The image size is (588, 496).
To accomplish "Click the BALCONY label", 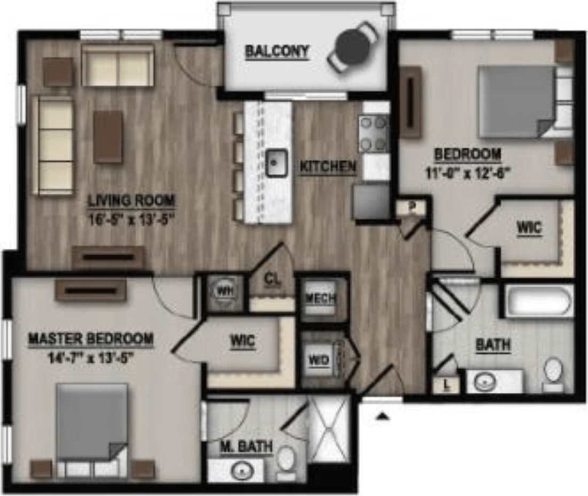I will (x=276, y=52).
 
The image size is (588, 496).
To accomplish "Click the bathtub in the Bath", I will (x=539, y=302).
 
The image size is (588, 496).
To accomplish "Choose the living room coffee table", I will (x=107, y=136).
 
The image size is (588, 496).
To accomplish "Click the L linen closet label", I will (x=447, y=384).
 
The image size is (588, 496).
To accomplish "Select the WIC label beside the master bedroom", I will (x=242, y=341).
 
